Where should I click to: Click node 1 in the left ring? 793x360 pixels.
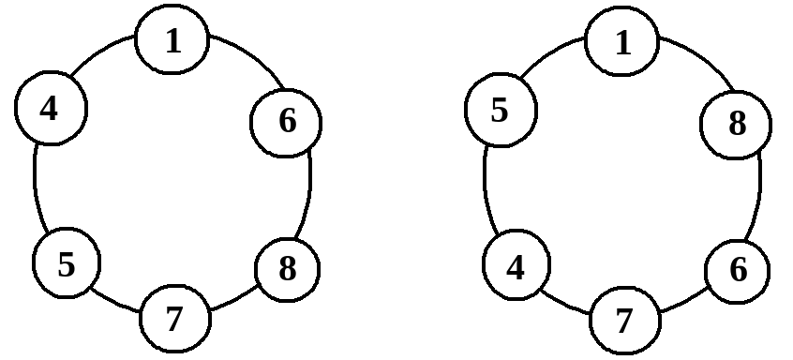pos(172,39)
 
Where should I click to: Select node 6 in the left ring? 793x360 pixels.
pos(286,123)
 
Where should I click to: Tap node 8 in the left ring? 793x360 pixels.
pos(287,269)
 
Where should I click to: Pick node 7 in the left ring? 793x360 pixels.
pos(174,319)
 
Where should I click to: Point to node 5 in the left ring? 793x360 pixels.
pos(67,262)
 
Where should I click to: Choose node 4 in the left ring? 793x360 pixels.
pos(51,108)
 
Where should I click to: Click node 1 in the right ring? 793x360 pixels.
pos(622,41)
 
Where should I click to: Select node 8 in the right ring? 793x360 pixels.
pos(736,125)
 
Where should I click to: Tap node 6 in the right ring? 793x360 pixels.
pos(738,272)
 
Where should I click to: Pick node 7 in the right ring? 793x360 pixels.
pos(625,321)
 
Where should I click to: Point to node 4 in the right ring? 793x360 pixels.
pos(516,265)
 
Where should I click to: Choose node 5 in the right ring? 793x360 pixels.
pos(501,111)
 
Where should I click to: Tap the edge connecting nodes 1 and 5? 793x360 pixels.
pos(550,54)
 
